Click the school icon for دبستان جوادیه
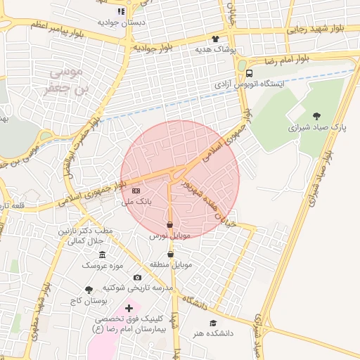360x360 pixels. pyautogui.click(x=120, y=11)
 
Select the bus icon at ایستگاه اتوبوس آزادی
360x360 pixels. pyautogui.click(x=250, y=73)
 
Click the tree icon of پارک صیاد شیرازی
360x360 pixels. pyautogui.click(x=316, y=116)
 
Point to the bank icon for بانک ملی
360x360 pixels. pyautogui.click(x=136, y=191)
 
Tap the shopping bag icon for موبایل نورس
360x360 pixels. pyautogui.click(x=169, y=225)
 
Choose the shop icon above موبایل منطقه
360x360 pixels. pyautogui.click(x=169, y=254)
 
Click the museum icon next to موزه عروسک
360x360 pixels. pyautogui.click(x=103, y=254)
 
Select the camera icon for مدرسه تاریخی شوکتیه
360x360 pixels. pyautogui.click(x=137, y=278)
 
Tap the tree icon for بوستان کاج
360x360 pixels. pyautogui.click(x=88, y=290)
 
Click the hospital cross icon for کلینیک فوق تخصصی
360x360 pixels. pyautogui.click(x=129, y=308)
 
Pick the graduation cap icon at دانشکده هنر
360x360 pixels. pyautogui.click(x=213, y=323)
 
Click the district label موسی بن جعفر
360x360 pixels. pyautogui.click(x=72, y=80)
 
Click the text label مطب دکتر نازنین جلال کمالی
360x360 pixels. pyautogui.click(x=86, y=236)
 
